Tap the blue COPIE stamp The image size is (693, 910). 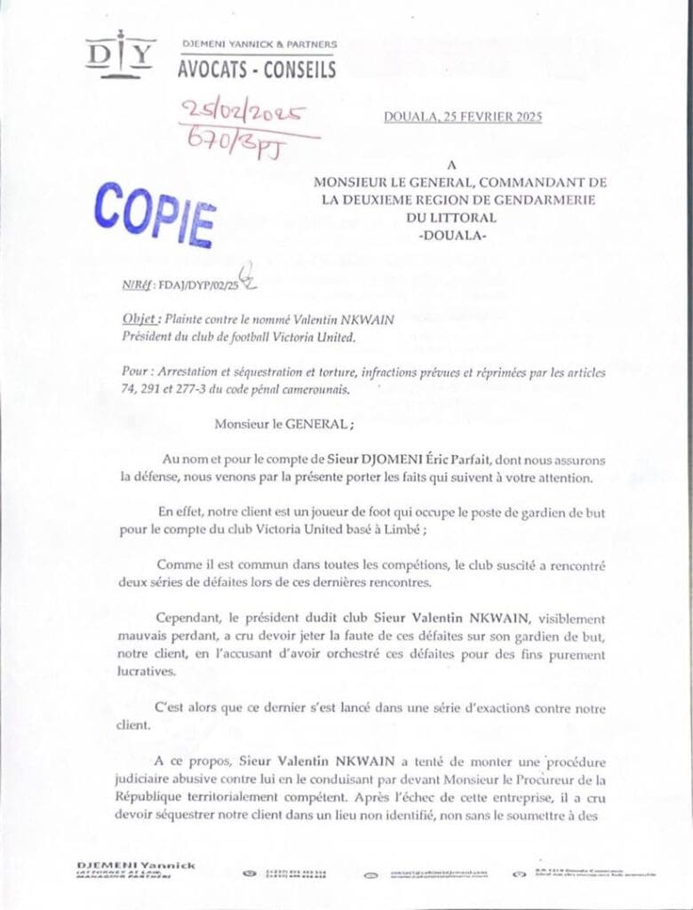click(155, 213)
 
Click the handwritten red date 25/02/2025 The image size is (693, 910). click(243, 113)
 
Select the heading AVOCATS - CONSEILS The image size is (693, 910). click(256, 68)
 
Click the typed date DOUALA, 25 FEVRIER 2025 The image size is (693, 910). click(462, 117)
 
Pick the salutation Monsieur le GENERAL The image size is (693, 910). click(282, 425)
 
